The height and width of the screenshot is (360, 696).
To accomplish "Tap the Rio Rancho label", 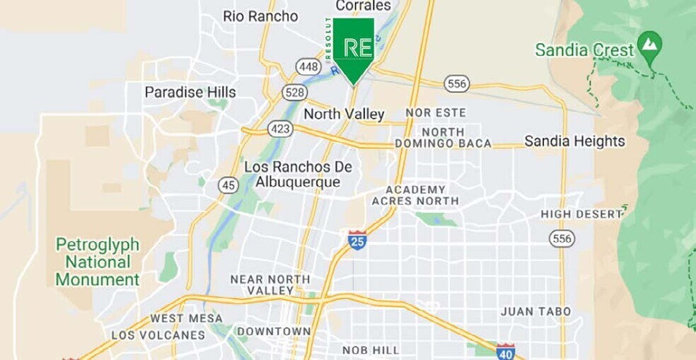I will (x=260, y=16).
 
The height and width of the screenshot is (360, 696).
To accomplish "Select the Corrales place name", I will (x=363, y=6).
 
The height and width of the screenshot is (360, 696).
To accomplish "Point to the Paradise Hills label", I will (x=190, y=92).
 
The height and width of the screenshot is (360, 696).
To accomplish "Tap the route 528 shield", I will (x=294, y=92).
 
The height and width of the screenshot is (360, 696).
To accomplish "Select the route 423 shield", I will (x=280, y=128).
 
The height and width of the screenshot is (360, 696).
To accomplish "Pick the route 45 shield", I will (x=228, y=184).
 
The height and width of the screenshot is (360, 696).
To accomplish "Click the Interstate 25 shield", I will (x=358, y=240).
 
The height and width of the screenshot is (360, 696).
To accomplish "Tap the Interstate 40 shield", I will (x=505, y=351).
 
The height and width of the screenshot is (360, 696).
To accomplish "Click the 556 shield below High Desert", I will (x=562, y=238).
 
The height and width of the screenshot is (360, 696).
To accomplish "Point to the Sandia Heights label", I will (x=574, y=141).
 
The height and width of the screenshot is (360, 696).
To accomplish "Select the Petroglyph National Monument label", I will (x=98, y=262).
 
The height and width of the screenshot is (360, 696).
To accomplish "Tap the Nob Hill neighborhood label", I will (x=370, y=350).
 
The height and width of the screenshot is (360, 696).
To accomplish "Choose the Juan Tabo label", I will (x=535, y=311).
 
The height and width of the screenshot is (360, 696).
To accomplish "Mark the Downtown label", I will (x=274, y=331).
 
